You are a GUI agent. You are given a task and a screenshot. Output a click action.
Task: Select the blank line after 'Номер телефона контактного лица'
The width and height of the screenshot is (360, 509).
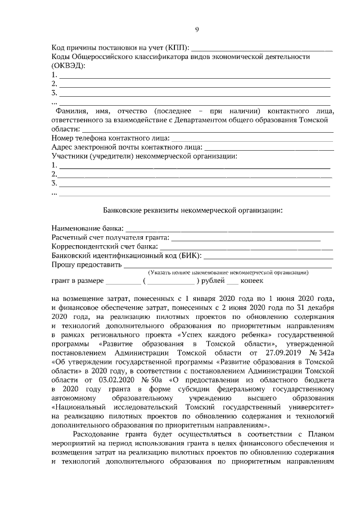tap(251, 138)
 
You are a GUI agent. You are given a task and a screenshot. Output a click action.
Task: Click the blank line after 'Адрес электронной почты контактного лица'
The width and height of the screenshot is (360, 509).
tap(268, 147)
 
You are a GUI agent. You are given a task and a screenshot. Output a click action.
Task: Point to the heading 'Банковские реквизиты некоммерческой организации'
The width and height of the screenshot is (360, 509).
tap(192, 210)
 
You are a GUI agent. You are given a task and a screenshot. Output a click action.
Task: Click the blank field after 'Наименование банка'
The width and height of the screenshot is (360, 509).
tap(229, 229)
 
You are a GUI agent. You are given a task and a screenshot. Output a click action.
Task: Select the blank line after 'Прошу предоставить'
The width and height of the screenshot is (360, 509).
tap(227, 265)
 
